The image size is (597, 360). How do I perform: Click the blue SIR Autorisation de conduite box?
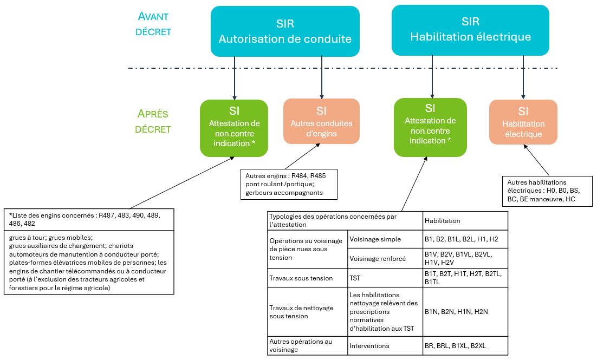(285, 31)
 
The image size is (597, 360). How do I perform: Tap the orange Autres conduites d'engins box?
(321, 121)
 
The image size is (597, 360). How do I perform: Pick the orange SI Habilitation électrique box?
(523, 122)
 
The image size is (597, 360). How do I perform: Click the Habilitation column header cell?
(465, 220)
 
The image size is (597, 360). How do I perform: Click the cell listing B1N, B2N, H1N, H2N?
(465, 311)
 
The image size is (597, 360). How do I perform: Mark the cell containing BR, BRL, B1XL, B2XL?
(465, 345)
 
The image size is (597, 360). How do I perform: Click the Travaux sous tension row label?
(307, 278)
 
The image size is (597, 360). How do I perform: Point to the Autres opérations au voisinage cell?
(307, 345)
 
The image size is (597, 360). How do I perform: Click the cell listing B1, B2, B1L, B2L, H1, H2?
(465, 239)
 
